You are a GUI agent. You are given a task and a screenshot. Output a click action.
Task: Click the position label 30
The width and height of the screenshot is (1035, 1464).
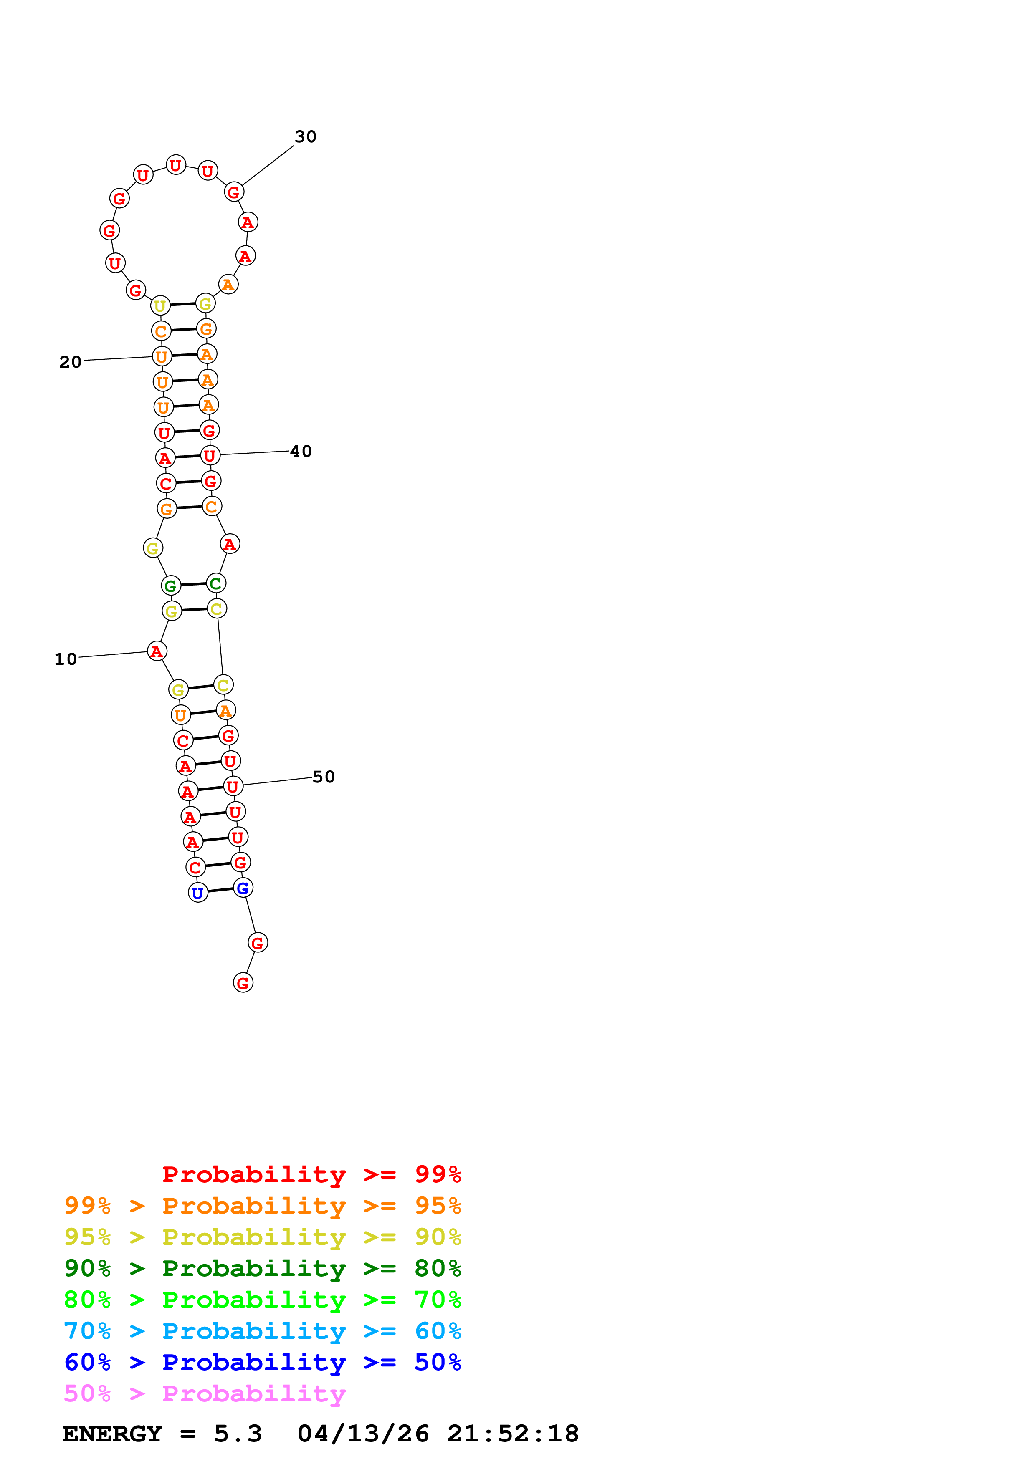pyautogui.click(x=306, y=136)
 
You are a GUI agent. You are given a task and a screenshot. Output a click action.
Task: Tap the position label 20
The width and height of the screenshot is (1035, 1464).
pyautogui.click(x=70, y=362)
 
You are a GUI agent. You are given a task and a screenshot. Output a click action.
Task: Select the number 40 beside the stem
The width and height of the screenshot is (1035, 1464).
pyautogui.click(x=301, y=452)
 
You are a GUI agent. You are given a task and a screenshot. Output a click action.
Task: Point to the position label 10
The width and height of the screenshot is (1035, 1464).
pyautogui.click(x=65, y=659)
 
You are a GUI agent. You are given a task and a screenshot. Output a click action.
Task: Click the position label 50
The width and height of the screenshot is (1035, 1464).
pyautogui.click(x=323, y=777)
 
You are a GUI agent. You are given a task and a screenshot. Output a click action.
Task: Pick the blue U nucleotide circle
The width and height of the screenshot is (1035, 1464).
pyautogui.click(x=197, y=893)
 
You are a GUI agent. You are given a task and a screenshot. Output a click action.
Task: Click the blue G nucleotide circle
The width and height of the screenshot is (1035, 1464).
pyautogui.click(x=243, y=888)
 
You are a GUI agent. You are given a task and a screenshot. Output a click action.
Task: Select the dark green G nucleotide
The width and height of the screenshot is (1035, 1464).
pyautogui.click(x=171, y=586)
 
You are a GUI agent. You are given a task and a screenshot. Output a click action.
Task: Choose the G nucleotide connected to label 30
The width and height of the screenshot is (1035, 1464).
pyautogui.click(x=234, y=191)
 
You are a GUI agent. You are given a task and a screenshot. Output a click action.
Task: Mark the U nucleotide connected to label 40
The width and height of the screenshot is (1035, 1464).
pyautogui.click(x=210, y=455)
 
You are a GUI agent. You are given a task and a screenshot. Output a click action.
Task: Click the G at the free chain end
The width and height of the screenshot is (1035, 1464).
pyautogui.click(x=243, y=982)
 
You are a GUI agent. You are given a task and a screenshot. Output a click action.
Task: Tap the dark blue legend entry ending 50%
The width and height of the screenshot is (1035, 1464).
pyautogui.click(x=262, y=1363)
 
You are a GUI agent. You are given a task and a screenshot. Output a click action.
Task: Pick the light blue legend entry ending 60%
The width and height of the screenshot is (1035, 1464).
pyautogui.click(x=262, y=1331)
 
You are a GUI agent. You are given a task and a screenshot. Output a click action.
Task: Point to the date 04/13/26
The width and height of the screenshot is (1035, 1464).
pyautogui.click(x=363, y=1434)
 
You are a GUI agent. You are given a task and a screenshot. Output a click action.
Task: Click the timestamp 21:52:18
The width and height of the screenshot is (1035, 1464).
pyautogui.click(x=513, y=1434)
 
